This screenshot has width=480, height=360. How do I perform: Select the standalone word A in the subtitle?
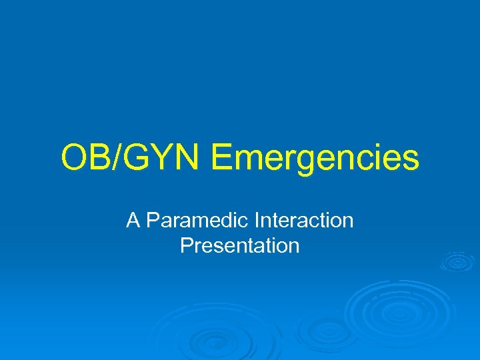133,221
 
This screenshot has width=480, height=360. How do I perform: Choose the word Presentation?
240,246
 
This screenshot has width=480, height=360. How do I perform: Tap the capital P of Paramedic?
153,221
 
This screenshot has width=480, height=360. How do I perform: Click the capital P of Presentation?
187,245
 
